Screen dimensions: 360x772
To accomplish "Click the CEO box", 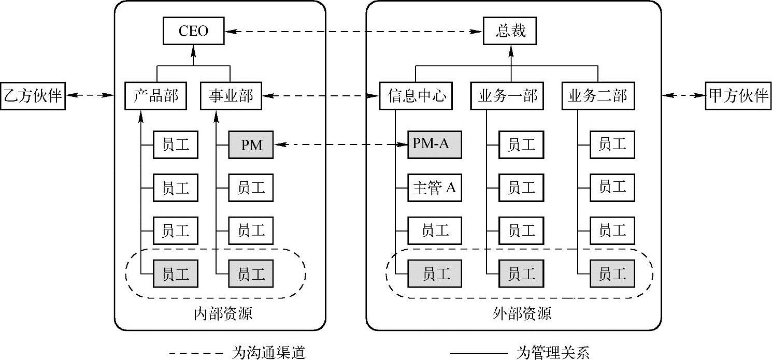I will tap(193, 31).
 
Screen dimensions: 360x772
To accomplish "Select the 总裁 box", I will tap(511, 31).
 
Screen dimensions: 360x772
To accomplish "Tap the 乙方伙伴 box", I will tap(33, 96).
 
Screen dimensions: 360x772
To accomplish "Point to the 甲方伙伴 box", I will tap(738, 96).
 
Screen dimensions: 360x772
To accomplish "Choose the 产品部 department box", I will tap(156, 96).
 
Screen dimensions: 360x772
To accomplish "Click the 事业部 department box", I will tap(231, 96).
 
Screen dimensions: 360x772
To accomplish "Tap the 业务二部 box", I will tap(597, 96).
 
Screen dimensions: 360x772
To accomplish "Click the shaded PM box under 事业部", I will tap(251, 146).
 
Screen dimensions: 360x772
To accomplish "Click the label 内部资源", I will tap(223, 313).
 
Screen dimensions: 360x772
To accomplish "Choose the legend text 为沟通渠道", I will tap(266, 353).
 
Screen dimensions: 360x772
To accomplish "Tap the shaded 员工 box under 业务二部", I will tap(612, 273).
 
